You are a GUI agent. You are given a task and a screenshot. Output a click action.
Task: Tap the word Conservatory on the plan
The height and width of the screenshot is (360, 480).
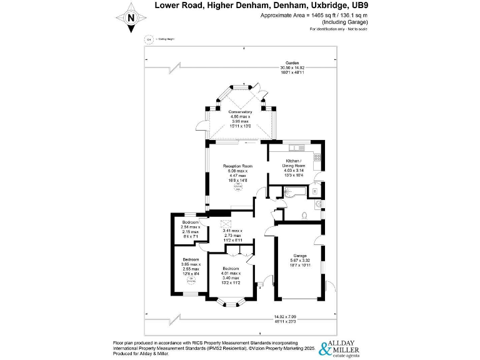(x=240, y=112)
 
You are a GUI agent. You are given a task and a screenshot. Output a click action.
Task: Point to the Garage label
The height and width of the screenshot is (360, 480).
(x=299, y=256)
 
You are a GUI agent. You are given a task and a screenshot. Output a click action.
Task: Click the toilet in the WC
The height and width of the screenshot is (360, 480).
(x=303, y=215)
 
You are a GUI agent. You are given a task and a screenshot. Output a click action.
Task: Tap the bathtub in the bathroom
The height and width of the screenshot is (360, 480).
(x=290, y=191)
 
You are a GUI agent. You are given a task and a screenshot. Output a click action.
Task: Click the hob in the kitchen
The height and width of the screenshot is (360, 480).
(x=317, y=157)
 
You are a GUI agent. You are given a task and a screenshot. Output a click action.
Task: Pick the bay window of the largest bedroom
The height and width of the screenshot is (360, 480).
(x=231, y=304)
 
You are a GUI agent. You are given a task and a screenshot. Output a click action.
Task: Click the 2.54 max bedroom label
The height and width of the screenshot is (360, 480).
(x=191, y=222)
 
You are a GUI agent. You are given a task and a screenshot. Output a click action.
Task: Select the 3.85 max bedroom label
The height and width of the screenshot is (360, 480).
(x=191, y=259)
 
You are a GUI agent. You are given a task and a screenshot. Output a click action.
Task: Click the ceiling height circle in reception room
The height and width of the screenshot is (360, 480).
(x=237, y=186)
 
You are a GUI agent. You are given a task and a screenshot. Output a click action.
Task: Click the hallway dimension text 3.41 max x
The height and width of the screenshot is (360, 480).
(x=232, y=231)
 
